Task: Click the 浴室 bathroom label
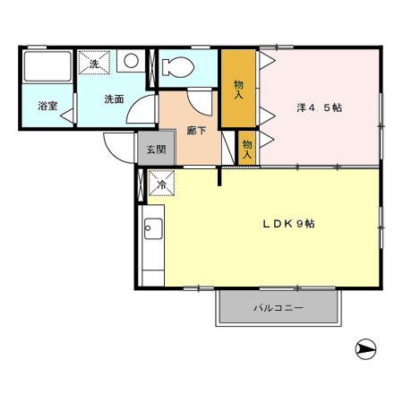[47, 106]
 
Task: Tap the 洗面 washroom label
[114, 99]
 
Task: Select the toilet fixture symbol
[178, 67]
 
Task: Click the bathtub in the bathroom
[47, 66]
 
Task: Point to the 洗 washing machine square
[94, 63]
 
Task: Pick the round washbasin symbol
[131, 61]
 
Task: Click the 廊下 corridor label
[196, 131]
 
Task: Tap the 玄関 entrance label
[156, 150]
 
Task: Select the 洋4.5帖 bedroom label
[319, 107]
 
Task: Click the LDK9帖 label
[288, 224]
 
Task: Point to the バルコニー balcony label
[279, 308]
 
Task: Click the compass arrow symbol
[365, 349]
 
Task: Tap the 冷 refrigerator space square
[161, 183]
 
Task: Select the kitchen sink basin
[153, 228]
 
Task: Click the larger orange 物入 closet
[238, 89]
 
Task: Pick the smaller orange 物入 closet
[247, 149]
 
